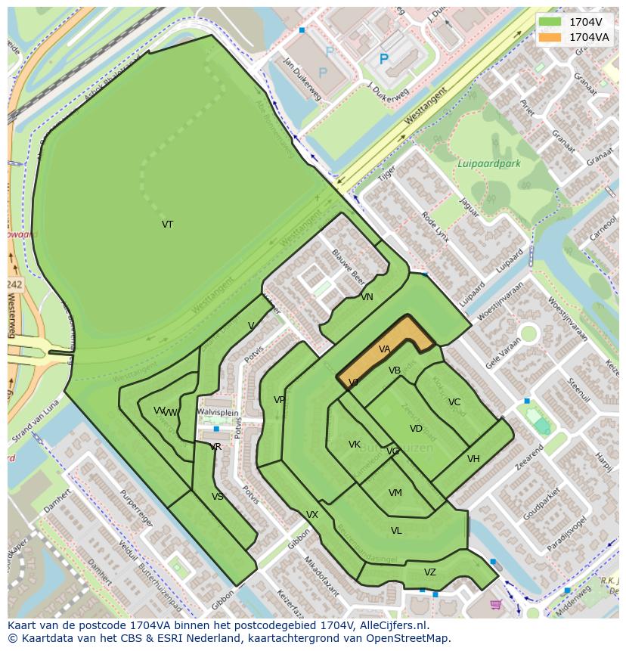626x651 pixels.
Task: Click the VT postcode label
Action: coord(167,225)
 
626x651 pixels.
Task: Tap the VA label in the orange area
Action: coord(384,349)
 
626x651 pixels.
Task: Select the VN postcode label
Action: coord(367,297)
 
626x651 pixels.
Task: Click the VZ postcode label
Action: coord(429,572)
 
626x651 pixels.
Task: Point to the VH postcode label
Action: coord(473,459)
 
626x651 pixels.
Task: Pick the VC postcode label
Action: coord(454,402)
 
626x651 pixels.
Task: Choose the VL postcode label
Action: coord(396,531)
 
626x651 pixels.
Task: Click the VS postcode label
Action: coord(218,497)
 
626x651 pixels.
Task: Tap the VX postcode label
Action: coord(312,515)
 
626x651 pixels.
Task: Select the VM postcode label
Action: coord(395,493)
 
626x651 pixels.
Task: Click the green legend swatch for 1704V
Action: coord(550,22)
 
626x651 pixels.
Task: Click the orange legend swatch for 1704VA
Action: coord(550,37)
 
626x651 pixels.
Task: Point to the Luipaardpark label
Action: coord(488,163)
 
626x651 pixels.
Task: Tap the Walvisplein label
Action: coord(218,412)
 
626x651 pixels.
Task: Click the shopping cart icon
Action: coord(496,604)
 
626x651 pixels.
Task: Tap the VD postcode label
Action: coord(416,429)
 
